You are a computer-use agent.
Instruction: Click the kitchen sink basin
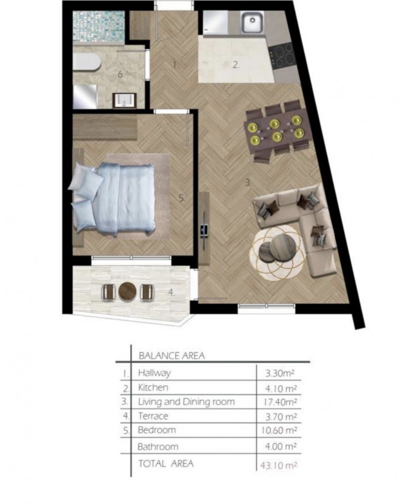253,22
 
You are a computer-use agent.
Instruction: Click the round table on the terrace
127,291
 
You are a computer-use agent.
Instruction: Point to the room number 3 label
248,183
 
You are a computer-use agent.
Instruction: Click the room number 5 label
182,198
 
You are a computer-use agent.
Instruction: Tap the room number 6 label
121,74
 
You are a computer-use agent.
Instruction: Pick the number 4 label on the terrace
171,292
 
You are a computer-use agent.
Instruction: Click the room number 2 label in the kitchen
236,65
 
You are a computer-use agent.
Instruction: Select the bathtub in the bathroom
87,62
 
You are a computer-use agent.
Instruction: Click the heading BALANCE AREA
171,356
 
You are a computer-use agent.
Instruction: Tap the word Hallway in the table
154,373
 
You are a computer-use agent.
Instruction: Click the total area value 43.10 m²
279,465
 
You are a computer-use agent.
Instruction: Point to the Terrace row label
153,416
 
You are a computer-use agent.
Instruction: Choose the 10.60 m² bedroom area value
279,430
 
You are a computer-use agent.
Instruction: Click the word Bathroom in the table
158,446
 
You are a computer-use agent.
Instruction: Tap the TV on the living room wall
204,229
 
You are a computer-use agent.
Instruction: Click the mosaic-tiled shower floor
98,26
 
